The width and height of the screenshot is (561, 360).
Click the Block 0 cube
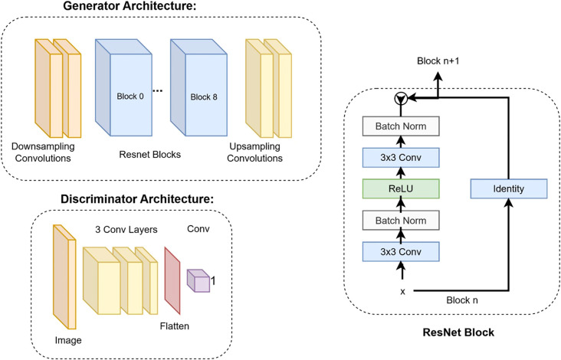tap(123, 87)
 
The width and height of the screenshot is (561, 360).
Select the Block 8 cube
tap(198, 87)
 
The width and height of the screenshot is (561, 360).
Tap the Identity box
tap(508, 188)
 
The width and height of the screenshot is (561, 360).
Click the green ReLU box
tap(401, 188)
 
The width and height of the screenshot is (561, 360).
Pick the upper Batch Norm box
tap(401, 126)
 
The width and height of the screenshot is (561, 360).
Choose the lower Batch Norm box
tap(401, 221)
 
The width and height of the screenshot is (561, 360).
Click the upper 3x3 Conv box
tap(401, 158)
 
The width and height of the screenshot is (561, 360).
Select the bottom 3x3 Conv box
tap(401, 252)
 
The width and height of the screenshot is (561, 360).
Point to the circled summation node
tap(401, 98)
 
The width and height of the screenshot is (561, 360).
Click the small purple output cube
tap(198, 280)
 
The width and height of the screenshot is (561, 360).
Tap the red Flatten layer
tap(172, 280)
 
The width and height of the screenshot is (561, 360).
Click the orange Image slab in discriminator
tap(64, 277)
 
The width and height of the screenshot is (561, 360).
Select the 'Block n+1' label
tap(438, 61)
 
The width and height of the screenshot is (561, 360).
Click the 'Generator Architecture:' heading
tap(130, 6)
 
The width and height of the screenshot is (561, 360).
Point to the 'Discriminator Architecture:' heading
tap(137, 199)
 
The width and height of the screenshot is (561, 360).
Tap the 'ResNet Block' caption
tap(458, 332)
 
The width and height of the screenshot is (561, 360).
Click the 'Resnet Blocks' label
tap(150, 155)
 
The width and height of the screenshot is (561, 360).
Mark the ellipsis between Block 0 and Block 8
tap(157, 91)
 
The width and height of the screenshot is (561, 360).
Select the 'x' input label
tap(403, 292)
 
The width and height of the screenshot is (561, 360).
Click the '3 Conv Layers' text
tap(126, 230)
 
